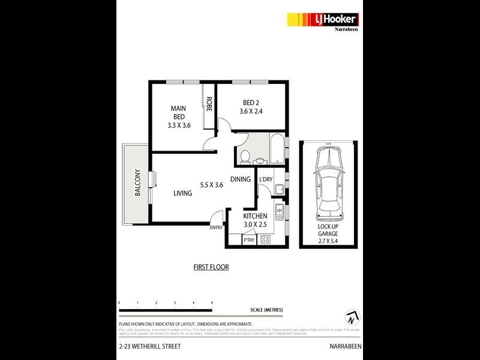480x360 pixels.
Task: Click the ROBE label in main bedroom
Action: pyautogui.click(x=209, y=106)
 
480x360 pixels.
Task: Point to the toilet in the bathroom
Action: pyautogui.click(x=244, y=157)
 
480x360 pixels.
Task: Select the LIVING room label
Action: pyautogui.click(x=183, y=193)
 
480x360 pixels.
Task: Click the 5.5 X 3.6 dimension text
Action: pyautogui.click(x=211, y=185)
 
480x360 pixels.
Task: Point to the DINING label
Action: pyautogui.click(x=240, y=179)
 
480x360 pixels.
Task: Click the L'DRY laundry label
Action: pyautogui.click(x=266, y=179)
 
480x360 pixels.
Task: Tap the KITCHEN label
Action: pyautogui.click(x=255, y=216)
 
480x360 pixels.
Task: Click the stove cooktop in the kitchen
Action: pyautogui.click(x=266, y=239)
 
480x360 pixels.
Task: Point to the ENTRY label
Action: pyautogui.click(x=216, y=227)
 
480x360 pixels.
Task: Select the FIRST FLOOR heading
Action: pyautogui.click(x=211, y=267)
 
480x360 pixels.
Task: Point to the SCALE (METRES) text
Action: pyautogui.click(x=266, y=310)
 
